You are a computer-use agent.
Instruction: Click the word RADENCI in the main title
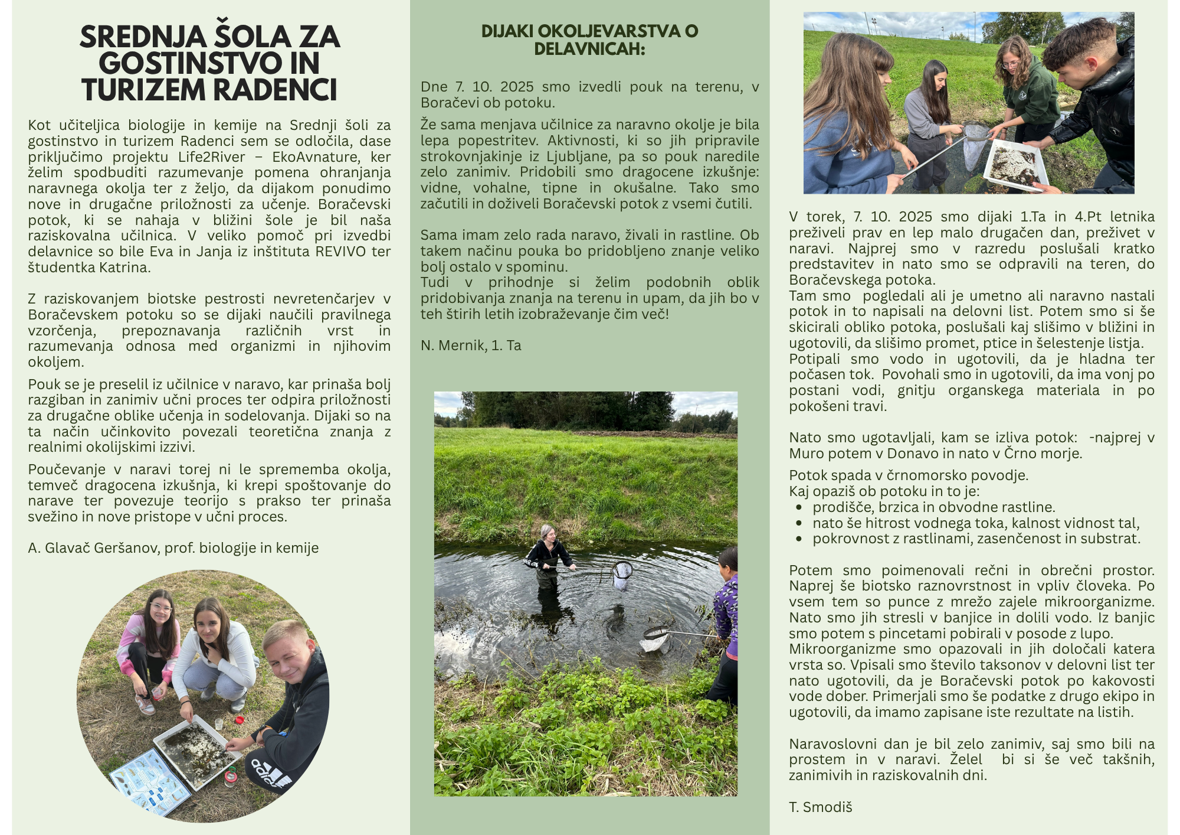click(x=274, y=90)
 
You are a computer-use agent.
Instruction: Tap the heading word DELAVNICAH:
click(x=589, y=49)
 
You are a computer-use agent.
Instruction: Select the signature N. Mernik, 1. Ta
click(x=471, y=345)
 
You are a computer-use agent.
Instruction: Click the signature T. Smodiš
click(x=820, y=807)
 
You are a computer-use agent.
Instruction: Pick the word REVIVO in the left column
click(x=340, y=252)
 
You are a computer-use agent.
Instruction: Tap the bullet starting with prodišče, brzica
click(x=933, y=507)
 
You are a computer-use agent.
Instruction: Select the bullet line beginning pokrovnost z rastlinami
click(x=976, y=539)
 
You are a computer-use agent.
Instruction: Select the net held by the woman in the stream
click(x=622, y=575)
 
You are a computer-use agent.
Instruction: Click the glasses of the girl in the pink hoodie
click(x=160, y=608)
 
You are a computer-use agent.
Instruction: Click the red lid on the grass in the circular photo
click(x=240, y=720)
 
